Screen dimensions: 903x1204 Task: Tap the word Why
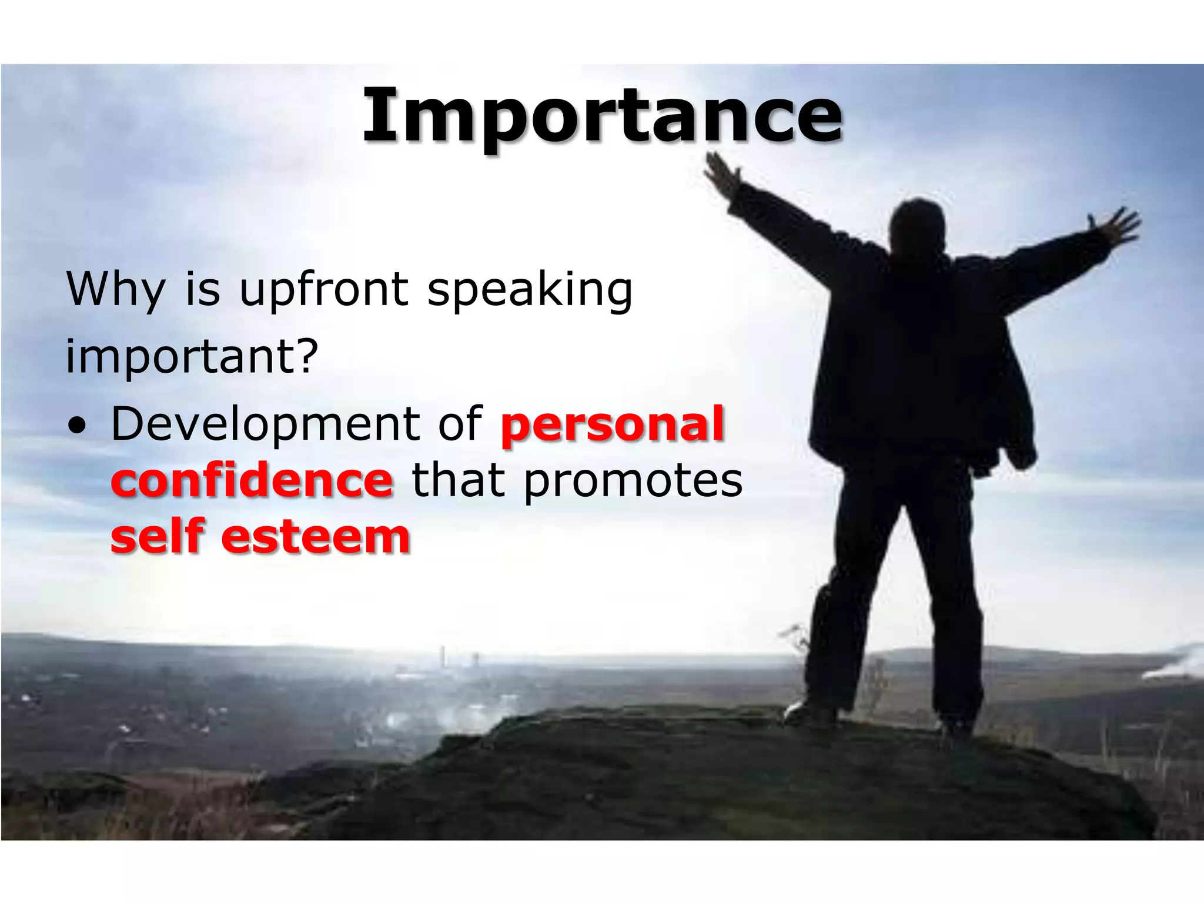coord(116,290)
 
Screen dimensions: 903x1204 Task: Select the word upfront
coord(323,290)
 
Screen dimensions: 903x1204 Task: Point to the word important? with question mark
coord(192,356)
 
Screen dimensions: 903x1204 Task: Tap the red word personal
coord(612,424)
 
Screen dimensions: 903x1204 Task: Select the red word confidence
coord(252,480)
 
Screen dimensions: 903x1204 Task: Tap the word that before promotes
coord(459,480)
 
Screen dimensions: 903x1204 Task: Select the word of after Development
coord(460,424)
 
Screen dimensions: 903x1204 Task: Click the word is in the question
coord(202,290)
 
